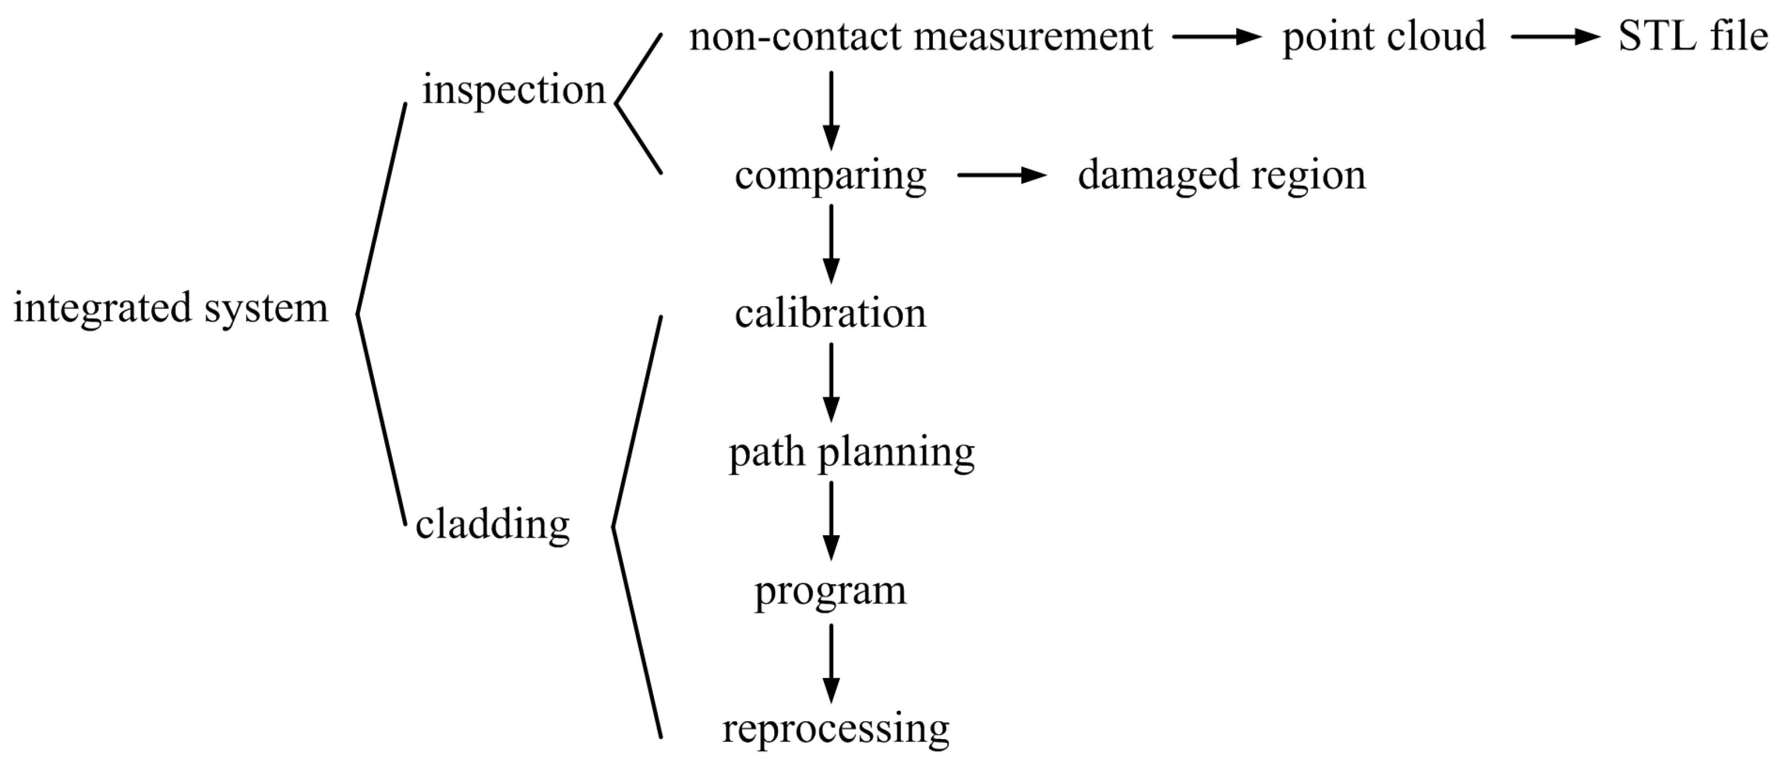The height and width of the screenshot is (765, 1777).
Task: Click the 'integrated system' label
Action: (x=171, y=308)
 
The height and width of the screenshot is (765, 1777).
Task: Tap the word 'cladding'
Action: (x=492, y=525)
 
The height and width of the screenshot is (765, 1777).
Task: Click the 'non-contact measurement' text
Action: (x=920, y=36)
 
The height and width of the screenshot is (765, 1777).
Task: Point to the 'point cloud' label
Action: (x=1383, y=36)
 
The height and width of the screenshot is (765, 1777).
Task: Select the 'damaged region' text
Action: (x=1221, y=175)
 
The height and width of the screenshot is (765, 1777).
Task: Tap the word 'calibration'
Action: (x=831, y=314)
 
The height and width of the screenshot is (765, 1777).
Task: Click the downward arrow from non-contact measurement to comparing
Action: (x=831, y=111)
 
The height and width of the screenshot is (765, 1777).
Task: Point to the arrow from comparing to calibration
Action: (x=831, y=244)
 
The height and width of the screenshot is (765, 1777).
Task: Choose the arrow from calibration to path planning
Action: (x=831, y=382)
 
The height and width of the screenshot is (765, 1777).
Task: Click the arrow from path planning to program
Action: (x=831, y=521)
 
